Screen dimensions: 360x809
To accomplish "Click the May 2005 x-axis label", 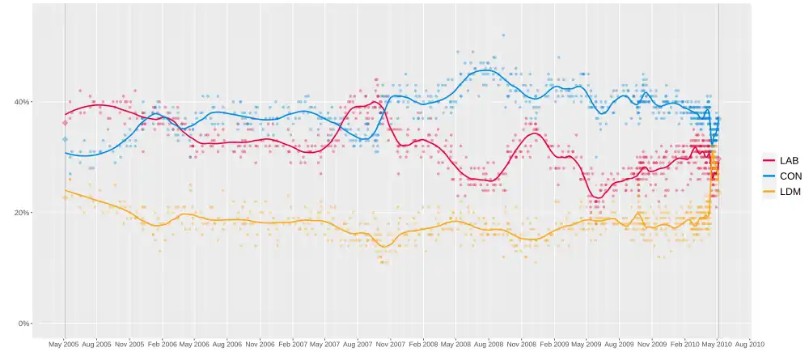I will pyautogui.click(x=64, y=344).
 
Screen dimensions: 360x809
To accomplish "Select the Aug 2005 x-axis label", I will pyautogui.click(x=96, y=344).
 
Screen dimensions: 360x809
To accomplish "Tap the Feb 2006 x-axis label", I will pyautogui.click(x=162, y=344).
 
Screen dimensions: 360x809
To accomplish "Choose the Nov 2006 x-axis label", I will pyautogui.click(x=260, y=344).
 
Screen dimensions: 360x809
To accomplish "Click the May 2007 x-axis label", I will pyautogui.click(x=324, y=344).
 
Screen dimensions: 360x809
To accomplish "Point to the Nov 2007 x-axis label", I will pyautogui.click(x=391, y=344).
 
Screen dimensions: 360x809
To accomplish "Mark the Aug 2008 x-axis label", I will pyautogui.click(x=489, y=344).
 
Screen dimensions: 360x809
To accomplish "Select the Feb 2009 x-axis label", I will pyautogui.click(x=554, y=344).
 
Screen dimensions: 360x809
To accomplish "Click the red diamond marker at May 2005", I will pyautogui.click(x=65, y=123).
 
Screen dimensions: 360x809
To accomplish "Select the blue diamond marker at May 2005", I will pyautogui.click(x=65, y=139).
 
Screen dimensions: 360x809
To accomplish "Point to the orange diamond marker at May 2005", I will pyautogui.click(x=65, y=197).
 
